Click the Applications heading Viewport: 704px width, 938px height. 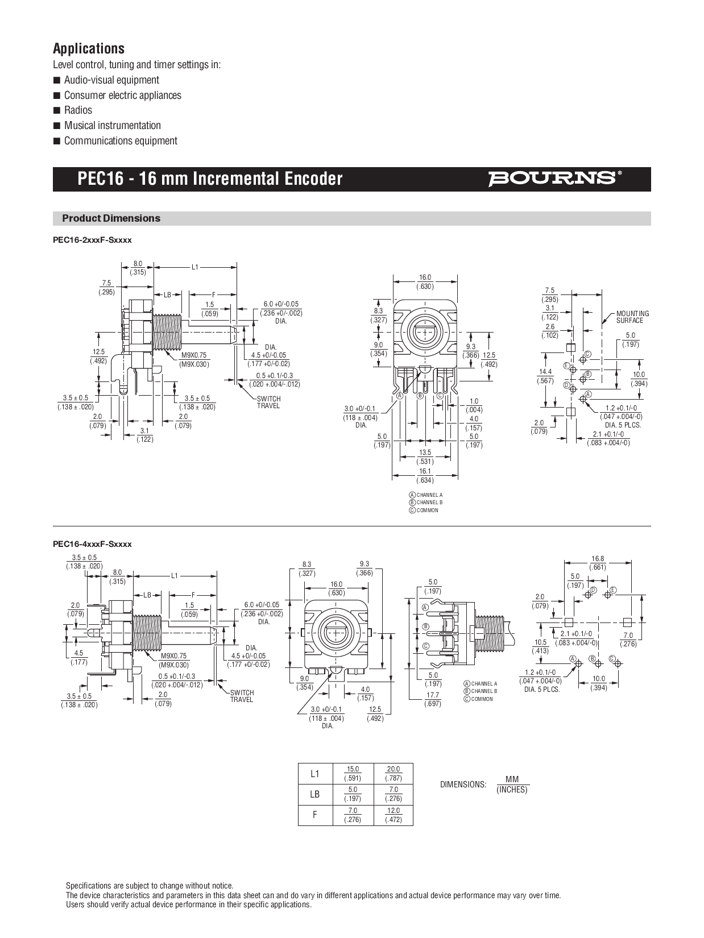pos(89,48)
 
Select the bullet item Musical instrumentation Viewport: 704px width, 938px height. pos(112,126)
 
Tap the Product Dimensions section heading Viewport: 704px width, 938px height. pos(111,218)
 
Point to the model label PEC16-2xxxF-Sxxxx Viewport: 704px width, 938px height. pos(92,240)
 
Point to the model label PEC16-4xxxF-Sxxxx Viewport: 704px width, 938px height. pos(92,544)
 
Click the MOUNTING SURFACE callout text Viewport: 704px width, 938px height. pos(632,317)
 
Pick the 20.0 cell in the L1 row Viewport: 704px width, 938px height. pos(393,773)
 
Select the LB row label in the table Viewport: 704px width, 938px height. pos(315,794)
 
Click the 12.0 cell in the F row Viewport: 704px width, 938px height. pos(393,815)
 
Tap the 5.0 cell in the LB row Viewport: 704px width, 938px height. pos(353,794)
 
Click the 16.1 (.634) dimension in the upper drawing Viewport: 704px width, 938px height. pos(425,476)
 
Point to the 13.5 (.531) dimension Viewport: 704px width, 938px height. pos(425,457)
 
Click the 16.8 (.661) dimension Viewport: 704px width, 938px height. pos(598,563)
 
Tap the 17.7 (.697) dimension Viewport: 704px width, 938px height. pos(433,699)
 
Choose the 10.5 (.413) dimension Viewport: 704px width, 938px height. pos(540,646)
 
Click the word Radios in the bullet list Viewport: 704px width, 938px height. pos(78,110)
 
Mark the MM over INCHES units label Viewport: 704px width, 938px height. pos(512,785)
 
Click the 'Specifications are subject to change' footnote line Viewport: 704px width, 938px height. pos(150,886)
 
